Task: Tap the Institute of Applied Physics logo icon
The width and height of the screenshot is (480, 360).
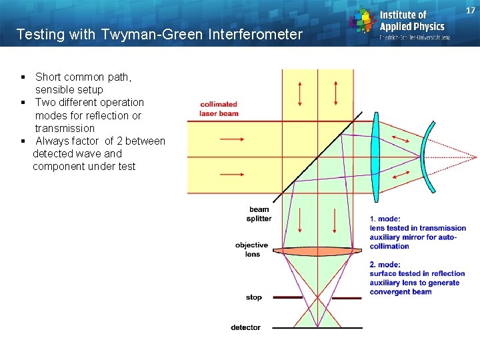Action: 363,21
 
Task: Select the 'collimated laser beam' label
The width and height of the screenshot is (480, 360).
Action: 219,109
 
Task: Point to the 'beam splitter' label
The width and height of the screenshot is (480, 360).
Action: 259,214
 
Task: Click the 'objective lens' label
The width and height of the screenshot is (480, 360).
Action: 252,249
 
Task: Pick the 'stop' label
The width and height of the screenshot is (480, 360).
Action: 254,297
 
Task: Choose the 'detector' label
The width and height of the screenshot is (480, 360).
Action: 246,327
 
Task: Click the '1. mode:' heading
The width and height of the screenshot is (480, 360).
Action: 385,219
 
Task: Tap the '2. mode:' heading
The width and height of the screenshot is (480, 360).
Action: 385,265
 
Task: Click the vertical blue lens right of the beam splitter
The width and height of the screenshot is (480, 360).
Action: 377,157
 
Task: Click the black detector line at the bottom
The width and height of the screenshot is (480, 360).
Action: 317,328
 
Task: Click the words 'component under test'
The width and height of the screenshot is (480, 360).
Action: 84,166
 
